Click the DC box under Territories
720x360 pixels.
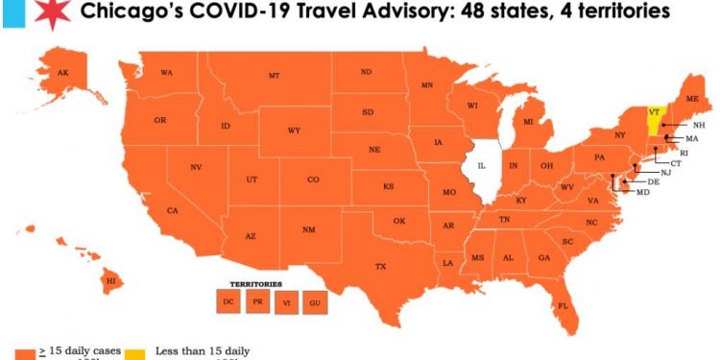pos(228,302)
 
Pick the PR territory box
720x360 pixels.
pos(257,302)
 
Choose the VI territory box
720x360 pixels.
pos(285,302)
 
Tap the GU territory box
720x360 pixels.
pos(314,302)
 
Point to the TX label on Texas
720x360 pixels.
pos(380,266)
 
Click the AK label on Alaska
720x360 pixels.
pos(62,74)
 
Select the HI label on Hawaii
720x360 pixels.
pos(111,280)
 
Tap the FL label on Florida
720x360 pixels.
pos(564,306)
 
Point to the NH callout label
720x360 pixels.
pos(699,125)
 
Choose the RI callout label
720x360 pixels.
pos(684,153)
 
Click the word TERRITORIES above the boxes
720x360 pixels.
pos(255,284)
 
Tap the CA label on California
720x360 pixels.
pos(173,210)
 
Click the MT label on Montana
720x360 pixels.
pos(274,75)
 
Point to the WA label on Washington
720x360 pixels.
pos(166,73)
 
